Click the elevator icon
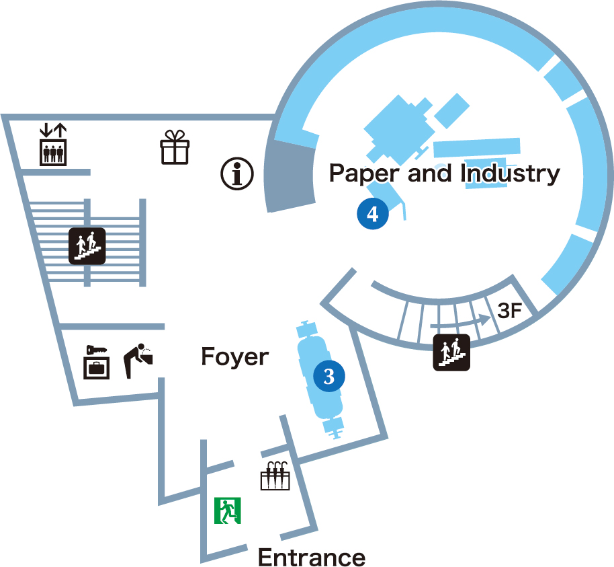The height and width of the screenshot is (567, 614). pos(53,152)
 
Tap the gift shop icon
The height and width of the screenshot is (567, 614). pos(175,147)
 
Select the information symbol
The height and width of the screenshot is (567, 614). pos(237,174)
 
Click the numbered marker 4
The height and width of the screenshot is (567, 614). pos(373,214)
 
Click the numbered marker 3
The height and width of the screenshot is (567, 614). pos(329,376)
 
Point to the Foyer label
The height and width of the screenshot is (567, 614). pos(234,357)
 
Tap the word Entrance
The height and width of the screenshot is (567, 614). pos(312,558)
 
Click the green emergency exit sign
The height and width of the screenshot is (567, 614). pos(228,511)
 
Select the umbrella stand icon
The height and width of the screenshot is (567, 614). pos(275,476)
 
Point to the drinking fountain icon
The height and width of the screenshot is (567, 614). pos(139,359)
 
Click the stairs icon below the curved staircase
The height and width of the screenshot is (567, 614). pos(451,352)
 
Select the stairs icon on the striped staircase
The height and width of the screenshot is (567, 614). pos(87,245)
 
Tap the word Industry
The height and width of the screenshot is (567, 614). pos(511,174)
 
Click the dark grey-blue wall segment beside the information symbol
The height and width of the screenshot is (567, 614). pos(290,178)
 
